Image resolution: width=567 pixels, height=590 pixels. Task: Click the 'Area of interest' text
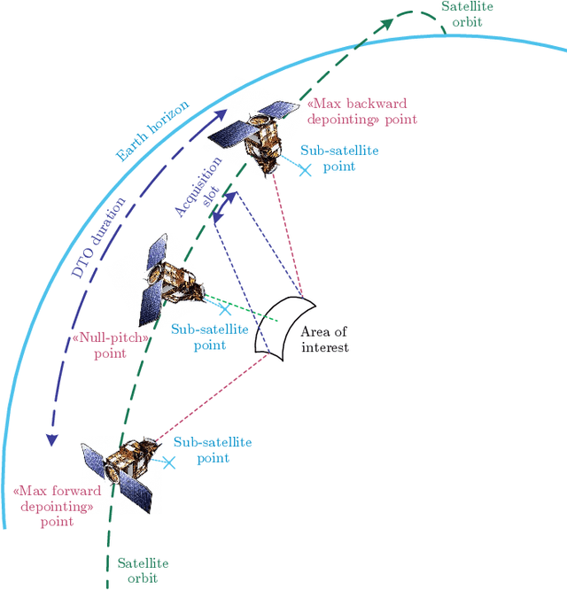(x=325, y=339)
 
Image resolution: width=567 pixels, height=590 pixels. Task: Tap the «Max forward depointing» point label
(x=57, y=506)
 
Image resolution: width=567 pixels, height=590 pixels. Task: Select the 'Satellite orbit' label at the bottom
(x=142, y=571)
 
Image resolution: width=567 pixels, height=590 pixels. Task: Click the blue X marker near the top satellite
(x=306, y=169)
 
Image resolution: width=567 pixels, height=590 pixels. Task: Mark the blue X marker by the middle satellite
(x=226, y=309)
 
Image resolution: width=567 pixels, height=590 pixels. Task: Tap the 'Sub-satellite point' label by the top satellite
(x=339, y=158)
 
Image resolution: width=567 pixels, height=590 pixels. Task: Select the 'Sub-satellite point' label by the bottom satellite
(x=213, y=450)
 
